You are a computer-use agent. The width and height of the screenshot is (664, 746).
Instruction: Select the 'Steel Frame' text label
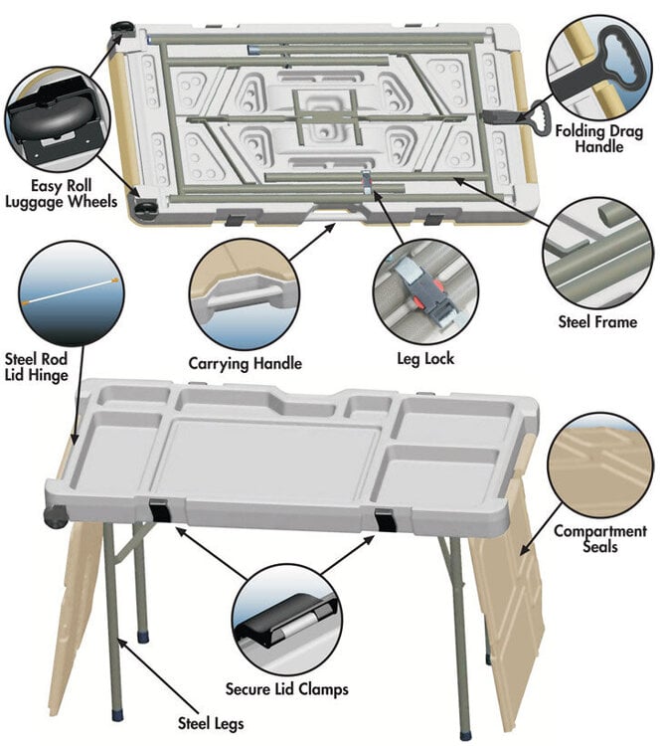pyautogui.click(x=596, y=321)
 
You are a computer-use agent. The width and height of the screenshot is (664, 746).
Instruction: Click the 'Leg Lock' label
pyautogui.click(x=419, y=357)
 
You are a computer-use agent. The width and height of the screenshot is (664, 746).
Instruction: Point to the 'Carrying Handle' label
pyautogui.click(x=246, y=363)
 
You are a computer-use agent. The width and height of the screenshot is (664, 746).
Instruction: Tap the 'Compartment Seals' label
pyautogui.click(x=600, y=539)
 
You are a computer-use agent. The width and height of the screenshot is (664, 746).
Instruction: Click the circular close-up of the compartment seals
pyautogui.click(x=600, y=464)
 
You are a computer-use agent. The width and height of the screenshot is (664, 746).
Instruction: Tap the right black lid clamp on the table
pyautogui.click(x=384, y=520)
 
